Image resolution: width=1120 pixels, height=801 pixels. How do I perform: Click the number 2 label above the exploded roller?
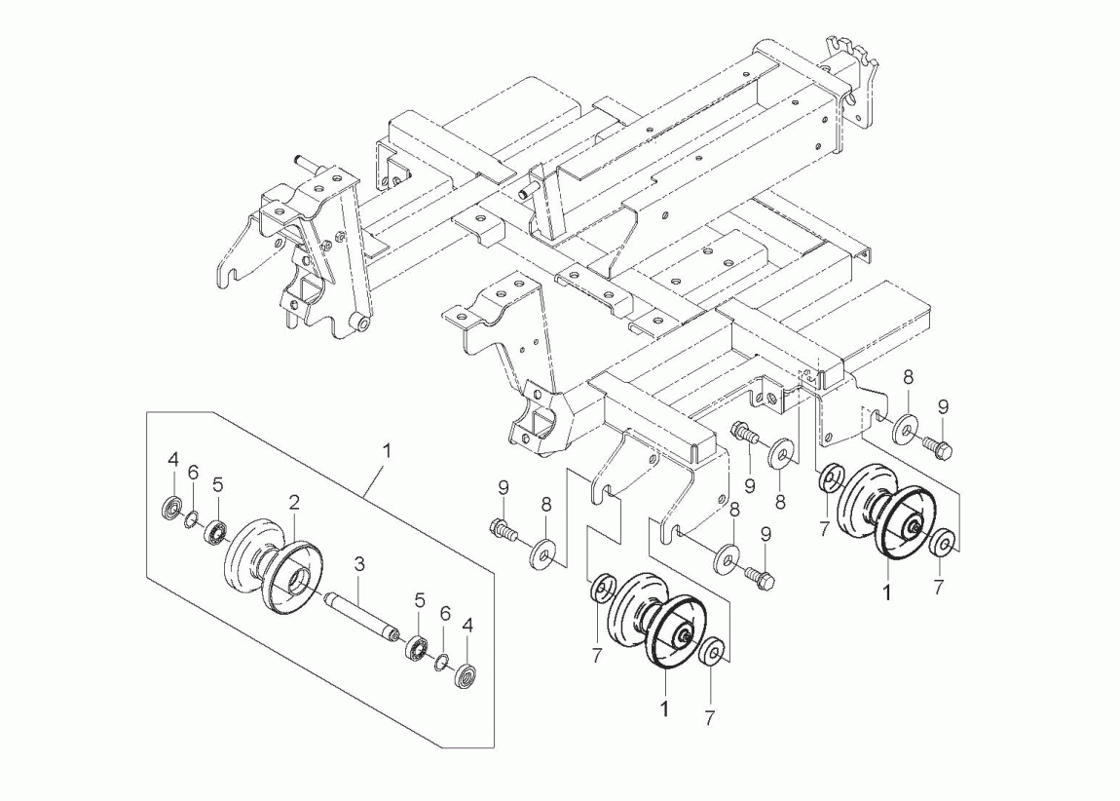tap(293, 503)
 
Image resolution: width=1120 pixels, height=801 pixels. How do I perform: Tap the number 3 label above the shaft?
tap(358, 563)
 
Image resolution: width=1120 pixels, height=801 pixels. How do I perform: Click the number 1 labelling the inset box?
tap(387, 450)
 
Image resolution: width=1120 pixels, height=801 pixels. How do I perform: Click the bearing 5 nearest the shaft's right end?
tap(417, 647)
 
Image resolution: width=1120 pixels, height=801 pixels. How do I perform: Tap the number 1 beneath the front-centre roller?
tap(665, 709)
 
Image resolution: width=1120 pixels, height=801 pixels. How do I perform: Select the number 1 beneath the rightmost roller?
tap(886, 591)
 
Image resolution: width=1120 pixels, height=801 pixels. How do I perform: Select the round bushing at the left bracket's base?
tap(361, 323)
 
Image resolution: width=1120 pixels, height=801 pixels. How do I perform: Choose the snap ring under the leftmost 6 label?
tap(193, 517)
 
